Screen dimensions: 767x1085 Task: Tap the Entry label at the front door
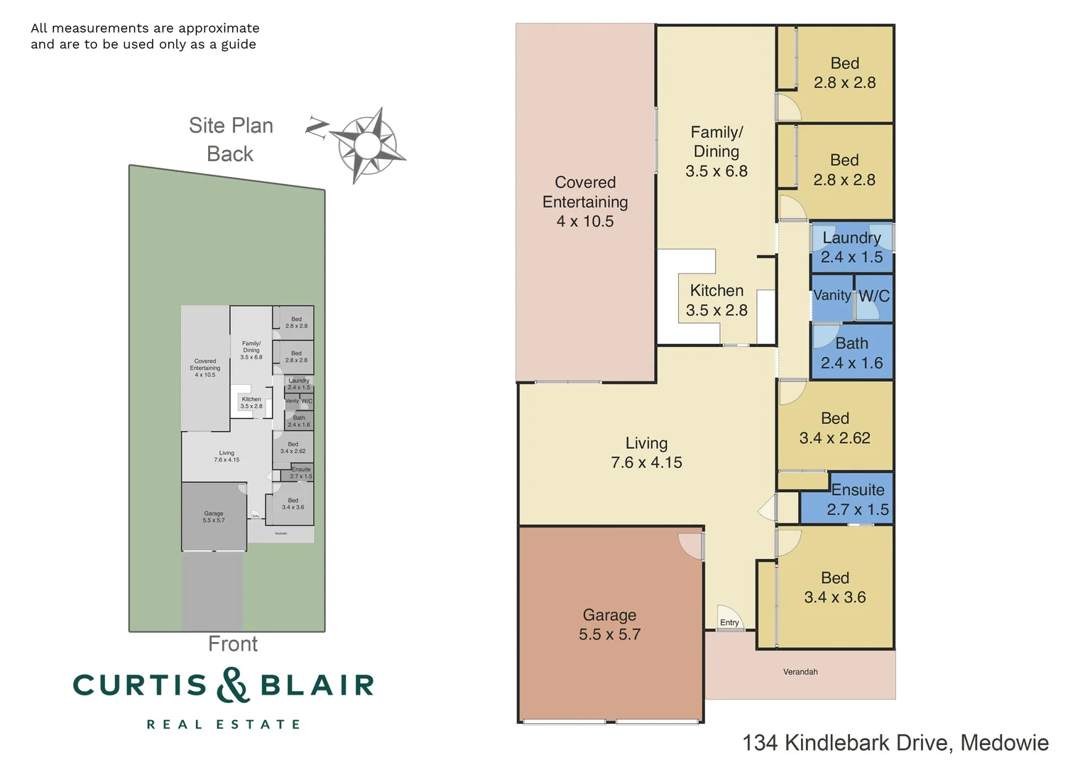coord(729,623)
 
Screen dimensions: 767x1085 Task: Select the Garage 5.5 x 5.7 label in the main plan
coord(609,625)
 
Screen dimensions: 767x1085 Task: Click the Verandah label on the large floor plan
coord(800,672)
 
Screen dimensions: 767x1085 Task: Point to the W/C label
coord(874,296)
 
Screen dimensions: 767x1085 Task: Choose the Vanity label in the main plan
coord(832,295)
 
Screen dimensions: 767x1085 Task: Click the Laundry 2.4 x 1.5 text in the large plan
coord(851,248)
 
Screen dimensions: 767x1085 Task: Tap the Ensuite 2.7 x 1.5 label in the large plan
coord(858,500)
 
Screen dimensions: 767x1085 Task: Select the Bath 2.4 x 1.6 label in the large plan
coord(851,354)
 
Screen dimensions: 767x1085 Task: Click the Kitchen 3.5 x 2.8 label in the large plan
coord(716,300)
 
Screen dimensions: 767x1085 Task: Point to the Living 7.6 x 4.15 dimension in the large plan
coord(646,462)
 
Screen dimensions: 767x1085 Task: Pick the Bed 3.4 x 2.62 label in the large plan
coord(835,428)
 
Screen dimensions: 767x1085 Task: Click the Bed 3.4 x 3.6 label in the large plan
coord(835,588)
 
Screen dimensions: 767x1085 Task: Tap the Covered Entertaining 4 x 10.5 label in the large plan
coord(585,202)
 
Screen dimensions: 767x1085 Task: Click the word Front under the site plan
coord(233,644)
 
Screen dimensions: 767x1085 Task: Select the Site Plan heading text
coord(231,126)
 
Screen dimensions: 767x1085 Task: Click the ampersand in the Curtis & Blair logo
coord(234,685)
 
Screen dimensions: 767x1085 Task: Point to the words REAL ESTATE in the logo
coord(224,724)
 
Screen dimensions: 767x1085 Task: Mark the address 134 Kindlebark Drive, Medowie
coord(895,743)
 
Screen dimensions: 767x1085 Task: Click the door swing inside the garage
coord(690,545)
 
